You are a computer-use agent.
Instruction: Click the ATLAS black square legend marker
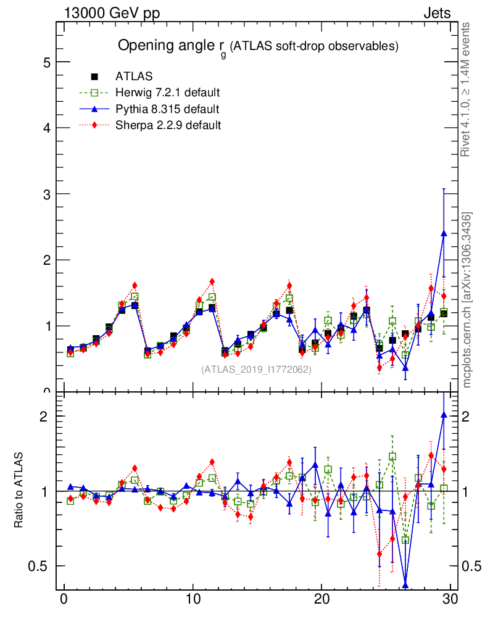(94, 77)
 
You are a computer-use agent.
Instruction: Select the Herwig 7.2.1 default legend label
(168, 93)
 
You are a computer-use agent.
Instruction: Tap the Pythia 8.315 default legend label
(167, 109)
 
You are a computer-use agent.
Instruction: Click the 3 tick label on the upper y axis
(47, 194)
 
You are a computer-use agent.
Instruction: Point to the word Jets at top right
(436, 14)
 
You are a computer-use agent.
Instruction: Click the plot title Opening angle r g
(258, 46)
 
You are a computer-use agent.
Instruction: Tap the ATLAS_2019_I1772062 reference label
(256, 370)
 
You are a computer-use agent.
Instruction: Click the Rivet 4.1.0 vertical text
(467, 89)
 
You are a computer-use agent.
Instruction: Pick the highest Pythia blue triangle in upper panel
(444, 233)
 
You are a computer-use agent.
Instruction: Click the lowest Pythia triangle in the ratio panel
(405, 585)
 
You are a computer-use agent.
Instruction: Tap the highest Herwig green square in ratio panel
(392, 457)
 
